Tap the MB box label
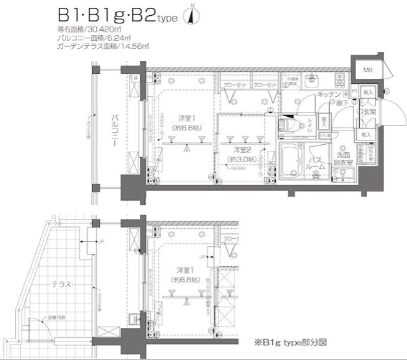point(366,70)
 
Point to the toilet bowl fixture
point(288,124)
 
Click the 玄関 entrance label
point(369,112)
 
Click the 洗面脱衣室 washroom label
point(343,159)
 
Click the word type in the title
point(167,19)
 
